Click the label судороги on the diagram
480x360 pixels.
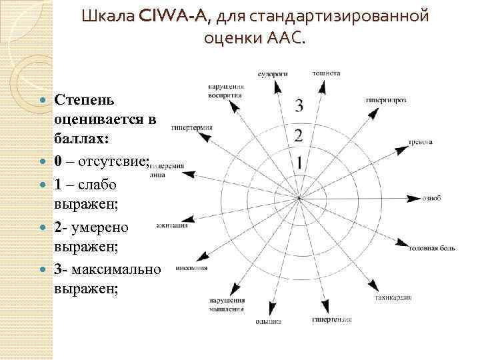pos(273,73)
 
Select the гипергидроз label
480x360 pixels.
pos(385,100)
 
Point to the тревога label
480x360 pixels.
pos(421,142)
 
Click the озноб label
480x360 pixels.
pos(432,198)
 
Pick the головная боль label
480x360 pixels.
pos(433,248)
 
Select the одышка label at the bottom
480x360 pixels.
pos(267,322)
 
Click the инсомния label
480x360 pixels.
pos(191,268)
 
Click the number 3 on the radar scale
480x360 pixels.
pos(299,105)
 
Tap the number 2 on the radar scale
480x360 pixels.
pos(299,135)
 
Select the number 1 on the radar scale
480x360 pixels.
pos(300,163)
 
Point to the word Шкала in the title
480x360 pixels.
pos(109,16)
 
